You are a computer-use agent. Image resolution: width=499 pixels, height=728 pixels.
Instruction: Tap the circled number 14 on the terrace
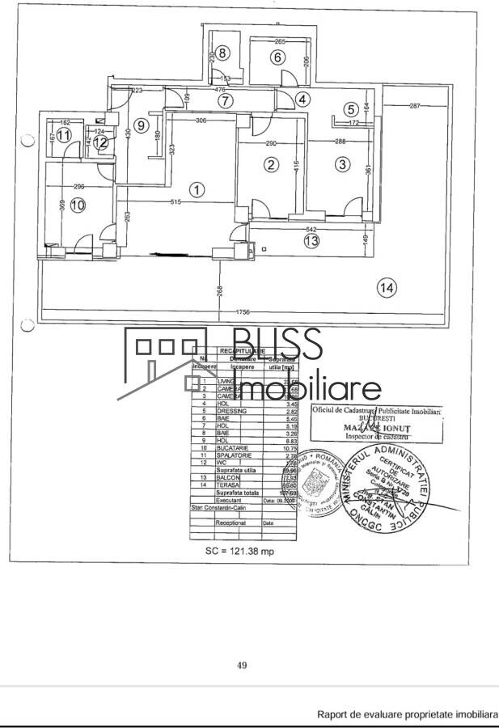click(x=387, y=286)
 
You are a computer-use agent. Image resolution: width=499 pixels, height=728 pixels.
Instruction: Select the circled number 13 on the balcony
click(x=311, y=240)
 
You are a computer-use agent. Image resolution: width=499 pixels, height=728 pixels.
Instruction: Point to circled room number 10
click(x=78, y=205)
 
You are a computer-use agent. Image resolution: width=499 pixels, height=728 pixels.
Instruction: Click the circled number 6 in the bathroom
click(x=277, y=57)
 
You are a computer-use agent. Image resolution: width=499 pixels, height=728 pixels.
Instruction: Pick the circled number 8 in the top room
click(x=222, y=53)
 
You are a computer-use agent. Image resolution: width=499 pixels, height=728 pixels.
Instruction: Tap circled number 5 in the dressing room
click(x=349, y=108)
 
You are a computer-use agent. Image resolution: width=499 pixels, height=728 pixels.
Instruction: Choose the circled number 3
click(x=343, y=164)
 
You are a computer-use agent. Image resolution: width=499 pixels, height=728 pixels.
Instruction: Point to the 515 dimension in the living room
click(x=168, y=201)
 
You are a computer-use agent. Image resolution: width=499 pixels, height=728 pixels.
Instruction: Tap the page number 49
click(x=241, y=665)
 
